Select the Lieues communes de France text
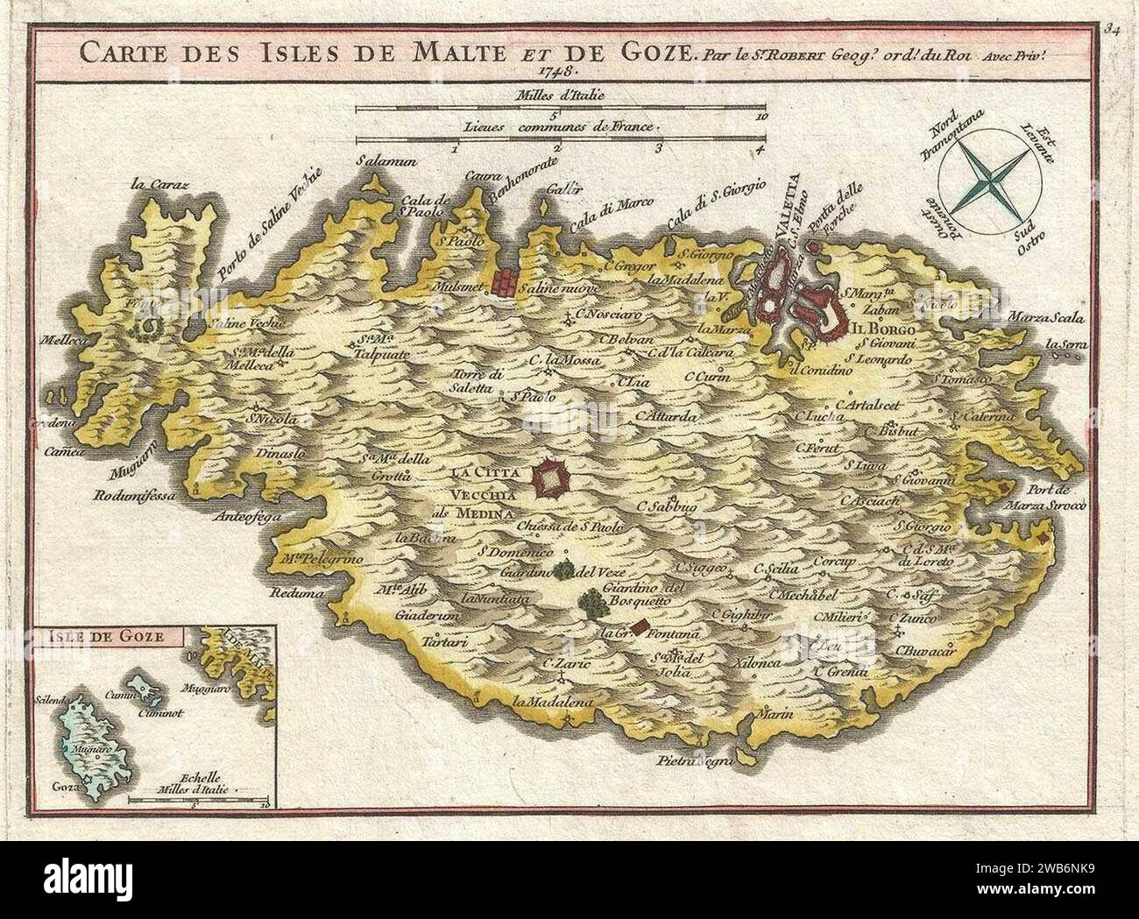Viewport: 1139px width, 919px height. [561, 126]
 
